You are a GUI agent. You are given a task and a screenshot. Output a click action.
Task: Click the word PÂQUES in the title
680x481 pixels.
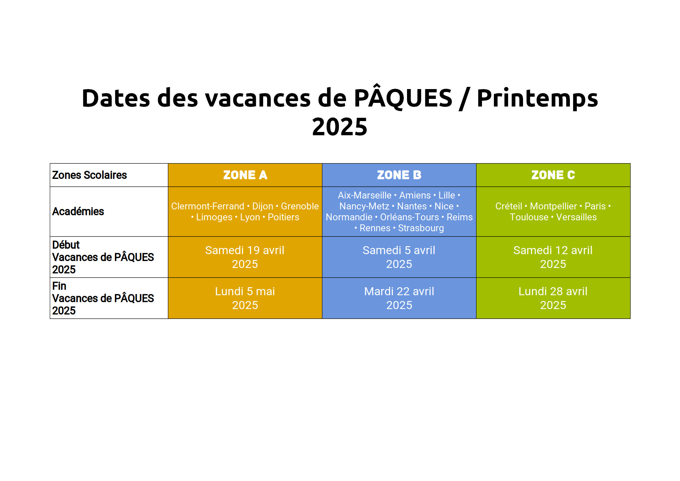pos(403,97)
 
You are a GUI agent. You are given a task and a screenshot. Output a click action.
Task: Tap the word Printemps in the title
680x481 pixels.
pos(537,99)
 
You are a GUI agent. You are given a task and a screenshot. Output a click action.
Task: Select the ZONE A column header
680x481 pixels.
pos(245,175)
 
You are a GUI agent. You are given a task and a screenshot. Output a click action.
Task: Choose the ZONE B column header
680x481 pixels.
pos(399,175)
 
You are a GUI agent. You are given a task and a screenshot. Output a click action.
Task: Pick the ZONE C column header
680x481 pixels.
pos(553,175)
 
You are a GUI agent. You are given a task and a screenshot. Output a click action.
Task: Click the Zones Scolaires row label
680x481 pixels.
pos(89,175)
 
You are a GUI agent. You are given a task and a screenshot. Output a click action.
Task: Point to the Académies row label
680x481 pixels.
pos(78,211)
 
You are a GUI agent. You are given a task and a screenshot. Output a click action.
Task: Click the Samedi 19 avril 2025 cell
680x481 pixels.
pos(245,257)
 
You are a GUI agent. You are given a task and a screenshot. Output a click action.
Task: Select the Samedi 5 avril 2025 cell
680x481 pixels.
pos(399,257)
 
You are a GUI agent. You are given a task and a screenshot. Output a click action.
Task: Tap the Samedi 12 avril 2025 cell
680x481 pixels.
pos(553,257)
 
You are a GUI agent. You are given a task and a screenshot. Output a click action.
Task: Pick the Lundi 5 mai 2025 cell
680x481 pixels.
pos(245,298)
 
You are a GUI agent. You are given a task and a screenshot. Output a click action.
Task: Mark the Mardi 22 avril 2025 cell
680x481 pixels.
pos(399,298)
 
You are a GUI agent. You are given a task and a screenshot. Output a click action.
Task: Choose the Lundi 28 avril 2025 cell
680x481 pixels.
pos(553,298)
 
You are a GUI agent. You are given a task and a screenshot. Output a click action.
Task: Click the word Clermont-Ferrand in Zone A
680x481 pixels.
pos(208,206)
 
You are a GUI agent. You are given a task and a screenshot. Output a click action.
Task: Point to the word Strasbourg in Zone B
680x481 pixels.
pos(421,228)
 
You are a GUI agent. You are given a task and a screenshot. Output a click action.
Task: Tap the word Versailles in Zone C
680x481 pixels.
pos(576,217)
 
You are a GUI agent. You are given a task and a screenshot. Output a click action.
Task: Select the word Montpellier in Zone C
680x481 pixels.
pos(553,207)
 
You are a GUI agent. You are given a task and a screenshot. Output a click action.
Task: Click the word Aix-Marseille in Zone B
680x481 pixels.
pos(365,195)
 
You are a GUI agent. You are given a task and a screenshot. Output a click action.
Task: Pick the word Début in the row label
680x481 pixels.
pos(66,245)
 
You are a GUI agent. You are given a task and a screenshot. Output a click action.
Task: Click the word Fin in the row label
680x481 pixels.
pos(59,286)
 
